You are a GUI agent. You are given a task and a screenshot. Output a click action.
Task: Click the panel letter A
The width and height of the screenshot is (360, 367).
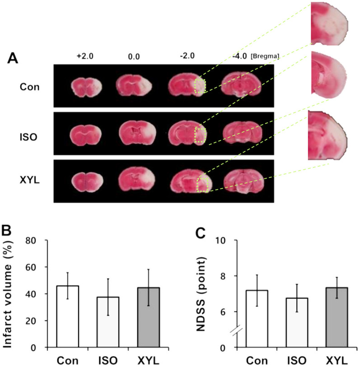click(x=14, y=59)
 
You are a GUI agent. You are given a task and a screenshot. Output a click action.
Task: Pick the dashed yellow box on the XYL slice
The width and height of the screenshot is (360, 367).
click(x=203, y=185)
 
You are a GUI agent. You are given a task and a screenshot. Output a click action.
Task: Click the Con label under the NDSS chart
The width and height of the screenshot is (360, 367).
click(x=256, y=360)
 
